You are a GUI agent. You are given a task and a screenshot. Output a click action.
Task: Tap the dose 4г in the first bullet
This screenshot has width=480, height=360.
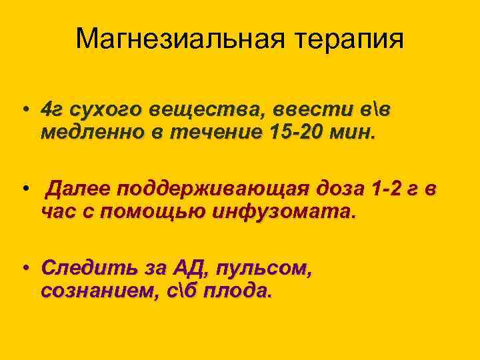51,109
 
